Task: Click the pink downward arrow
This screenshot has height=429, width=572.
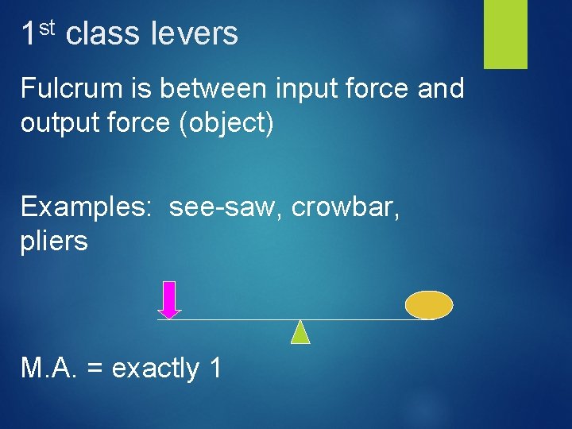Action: tap(169, 300)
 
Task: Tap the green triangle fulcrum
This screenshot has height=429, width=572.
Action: tap(300, 333)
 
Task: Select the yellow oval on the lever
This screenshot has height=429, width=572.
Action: tap(429, 304)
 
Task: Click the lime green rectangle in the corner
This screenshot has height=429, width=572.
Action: tap(505, 33)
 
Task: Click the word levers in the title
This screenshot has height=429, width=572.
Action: tap(194, 33)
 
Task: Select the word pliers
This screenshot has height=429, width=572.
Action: tap(54, 241)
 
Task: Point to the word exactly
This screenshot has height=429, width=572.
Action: tap(156, 369)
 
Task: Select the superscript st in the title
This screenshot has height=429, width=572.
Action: tap(46, 28)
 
